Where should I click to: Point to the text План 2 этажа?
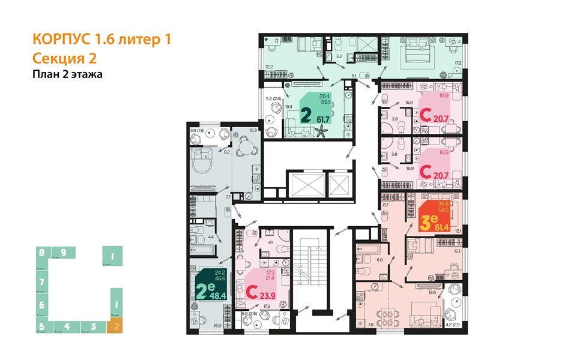point(67,75)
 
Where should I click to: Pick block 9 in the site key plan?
point(63,252)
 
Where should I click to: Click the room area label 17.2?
point(458,63)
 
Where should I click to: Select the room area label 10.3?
point(253,130)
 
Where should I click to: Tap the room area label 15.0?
point(217,326)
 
